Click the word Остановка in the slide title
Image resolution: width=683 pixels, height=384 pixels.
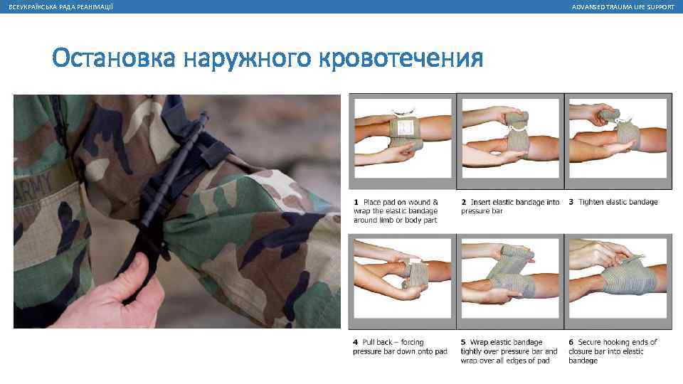click(114, 58)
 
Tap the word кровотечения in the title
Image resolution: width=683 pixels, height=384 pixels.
click(401, 58)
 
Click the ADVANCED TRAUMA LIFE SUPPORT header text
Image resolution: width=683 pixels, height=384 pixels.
click(623, 7)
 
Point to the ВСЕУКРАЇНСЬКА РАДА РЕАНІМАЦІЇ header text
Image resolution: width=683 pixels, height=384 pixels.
click(61, 7)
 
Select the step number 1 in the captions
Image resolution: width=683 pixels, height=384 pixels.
click(356, 202)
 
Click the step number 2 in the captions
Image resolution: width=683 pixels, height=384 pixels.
click(463, 202)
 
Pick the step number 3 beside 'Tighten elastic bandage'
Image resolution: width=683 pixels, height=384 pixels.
click(571, 202)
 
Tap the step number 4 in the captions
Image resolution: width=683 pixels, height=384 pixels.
click(356, 342)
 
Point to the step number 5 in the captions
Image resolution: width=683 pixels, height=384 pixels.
click(463, 342)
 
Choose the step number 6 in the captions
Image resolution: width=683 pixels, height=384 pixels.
click(571, 342)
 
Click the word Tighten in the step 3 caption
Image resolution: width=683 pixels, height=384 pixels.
click(591, 202)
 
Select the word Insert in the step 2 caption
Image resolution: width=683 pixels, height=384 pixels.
click(480, 202)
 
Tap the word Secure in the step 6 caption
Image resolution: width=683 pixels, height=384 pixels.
click(591, 342)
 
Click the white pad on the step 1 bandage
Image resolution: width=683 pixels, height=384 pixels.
click(405, 127)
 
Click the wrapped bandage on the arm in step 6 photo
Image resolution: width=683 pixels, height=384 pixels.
click(628, 277)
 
